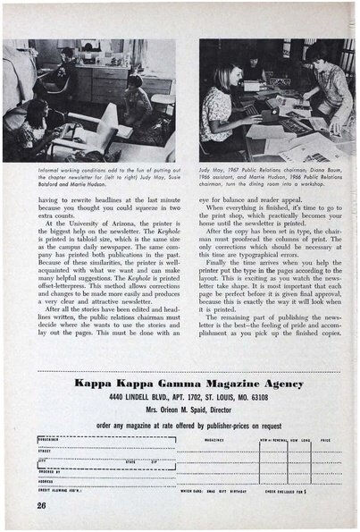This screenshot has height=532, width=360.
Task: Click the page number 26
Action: (x=42, y=504)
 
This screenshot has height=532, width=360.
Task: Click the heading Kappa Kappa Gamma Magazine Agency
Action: (x=189, y=384)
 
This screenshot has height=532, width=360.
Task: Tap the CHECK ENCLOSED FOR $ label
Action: (x=290, y=490)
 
